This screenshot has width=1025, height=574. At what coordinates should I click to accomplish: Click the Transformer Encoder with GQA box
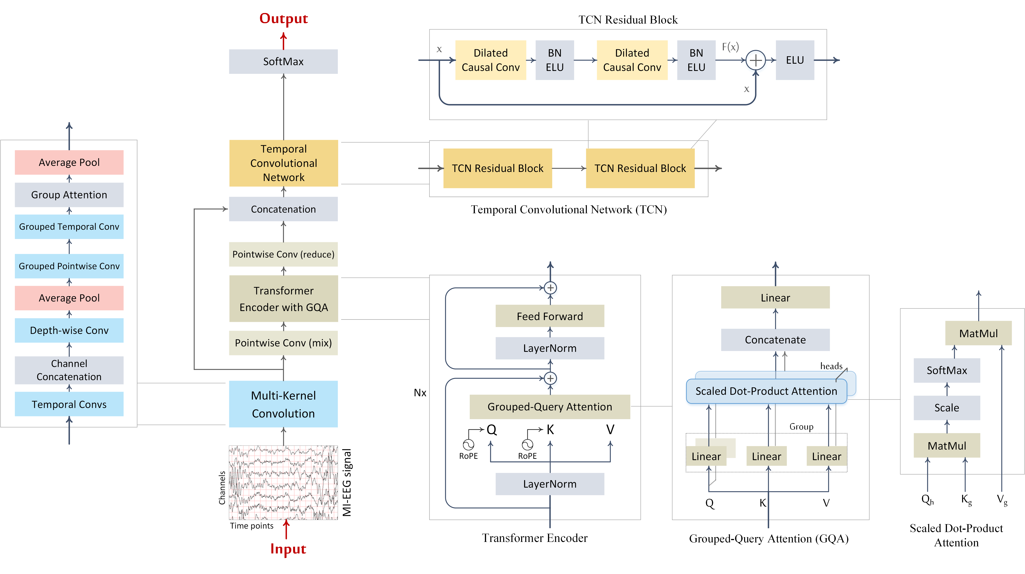tap(283, 299)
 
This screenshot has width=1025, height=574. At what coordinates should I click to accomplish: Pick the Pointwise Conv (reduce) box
tap(283, 254)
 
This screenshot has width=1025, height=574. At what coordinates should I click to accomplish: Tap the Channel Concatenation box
tap(69, 370)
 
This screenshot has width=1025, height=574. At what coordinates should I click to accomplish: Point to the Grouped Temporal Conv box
tap(69, 227)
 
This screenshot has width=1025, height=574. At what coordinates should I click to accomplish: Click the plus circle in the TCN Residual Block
tap(755, 60)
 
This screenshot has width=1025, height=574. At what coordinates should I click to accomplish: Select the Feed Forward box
tap(549, 316)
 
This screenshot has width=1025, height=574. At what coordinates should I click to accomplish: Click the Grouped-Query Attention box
tap(549, 406)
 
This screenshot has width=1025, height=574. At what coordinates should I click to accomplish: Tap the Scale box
tap(947, 408)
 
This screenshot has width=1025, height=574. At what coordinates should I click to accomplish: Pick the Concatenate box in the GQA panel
tap(775, 340)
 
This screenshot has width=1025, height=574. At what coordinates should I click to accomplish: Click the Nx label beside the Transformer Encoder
tap(420, 393)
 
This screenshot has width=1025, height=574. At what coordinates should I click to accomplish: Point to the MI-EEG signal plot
tap(283, 483)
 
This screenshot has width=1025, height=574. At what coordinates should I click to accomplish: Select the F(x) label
tap(730, 47)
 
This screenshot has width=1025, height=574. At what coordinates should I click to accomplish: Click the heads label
tap(831, 366)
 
